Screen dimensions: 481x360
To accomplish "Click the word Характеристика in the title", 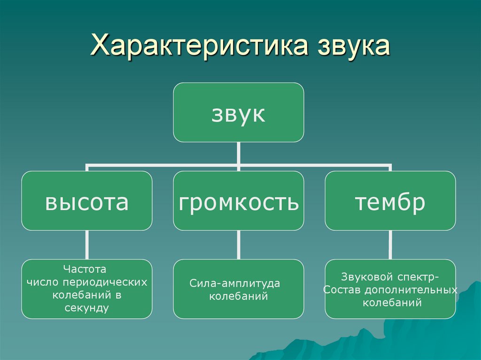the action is point(199,46).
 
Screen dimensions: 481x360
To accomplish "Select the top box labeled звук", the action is point(239,112).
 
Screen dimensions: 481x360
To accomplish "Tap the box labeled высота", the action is point(87,201).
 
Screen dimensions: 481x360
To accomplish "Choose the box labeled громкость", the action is point(239,201).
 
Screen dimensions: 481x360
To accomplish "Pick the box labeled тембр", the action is point(390,201).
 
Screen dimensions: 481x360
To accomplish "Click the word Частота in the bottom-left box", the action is point(85,269).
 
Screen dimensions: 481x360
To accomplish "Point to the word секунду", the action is point(87,308).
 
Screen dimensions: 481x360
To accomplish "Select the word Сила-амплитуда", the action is point(235,283).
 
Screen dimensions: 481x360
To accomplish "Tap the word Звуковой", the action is point(367,277).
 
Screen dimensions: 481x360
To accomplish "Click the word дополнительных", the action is point(411,290).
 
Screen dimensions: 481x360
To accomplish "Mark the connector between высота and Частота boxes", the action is point(87,245).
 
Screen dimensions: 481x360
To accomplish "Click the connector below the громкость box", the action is point(239,245).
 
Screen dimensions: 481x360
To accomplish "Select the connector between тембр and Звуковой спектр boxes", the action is point(390,245).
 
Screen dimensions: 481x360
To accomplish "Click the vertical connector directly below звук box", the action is point(239,156).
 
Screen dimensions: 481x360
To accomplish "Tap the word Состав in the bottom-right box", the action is point(343,290).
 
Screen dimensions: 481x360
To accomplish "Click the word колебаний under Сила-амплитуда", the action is point(239,296).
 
